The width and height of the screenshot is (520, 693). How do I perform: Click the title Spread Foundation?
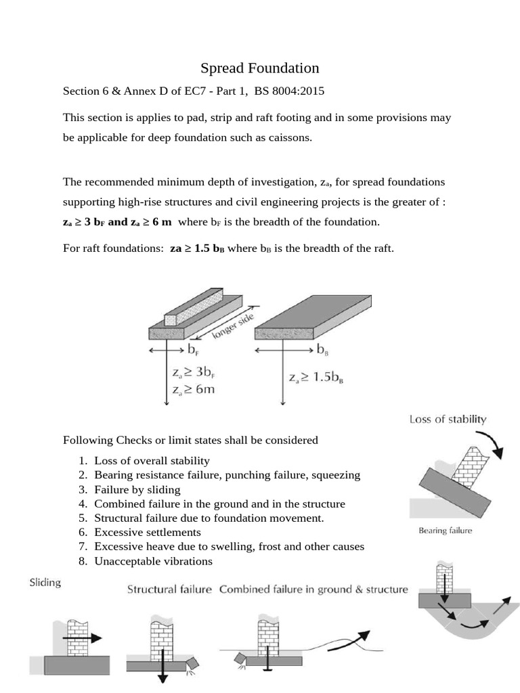click(x=259, y=68)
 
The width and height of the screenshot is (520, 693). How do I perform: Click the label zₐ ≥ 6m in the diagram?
click(x=194, y=389)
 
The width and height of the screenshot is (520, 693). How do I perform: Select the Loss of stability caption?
click(x=448, y=419)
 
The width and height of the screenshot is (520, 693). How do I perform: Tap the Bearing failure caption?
click(x=445, y=531)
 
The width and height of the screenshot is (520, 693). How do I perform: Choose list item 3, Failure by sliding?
click(x=137, y=489)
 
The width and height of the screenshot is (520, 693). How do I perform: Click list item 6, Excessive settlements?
click(x=147, y=532)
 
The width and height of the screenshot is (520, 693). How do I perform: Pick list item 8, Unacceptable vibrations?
click(x=153, y=561)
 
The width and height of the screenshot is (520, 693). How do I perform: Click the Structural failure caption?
click(x=170, y=589)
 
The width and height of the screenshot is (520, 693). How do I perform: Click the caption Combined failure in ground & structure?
click(x=313, y=589)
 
